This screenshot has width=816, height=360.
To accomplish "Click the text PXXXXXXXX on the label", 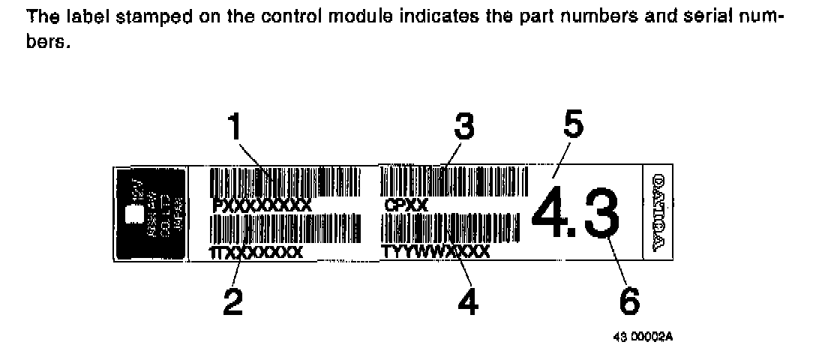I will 262,205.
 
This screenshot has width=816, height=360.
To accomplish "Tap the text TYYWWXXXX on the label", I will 436,251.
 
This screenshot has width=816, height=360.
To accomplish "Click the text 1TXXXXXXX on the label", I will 256,253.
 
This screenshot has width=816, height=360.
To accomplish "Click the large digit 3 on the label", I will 597,211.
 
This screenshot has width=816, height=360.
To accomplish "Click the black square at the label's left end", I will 149,213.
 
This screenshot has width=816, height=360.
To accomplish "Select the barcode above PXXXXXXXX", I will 286,182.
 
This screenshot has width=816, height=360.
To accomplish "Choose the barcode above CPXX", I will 453,182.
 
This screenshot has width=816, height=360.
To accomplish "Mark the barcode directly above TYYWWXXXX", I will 451,228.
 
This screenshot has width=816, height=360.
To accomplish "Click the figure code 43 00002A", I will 643,337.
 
